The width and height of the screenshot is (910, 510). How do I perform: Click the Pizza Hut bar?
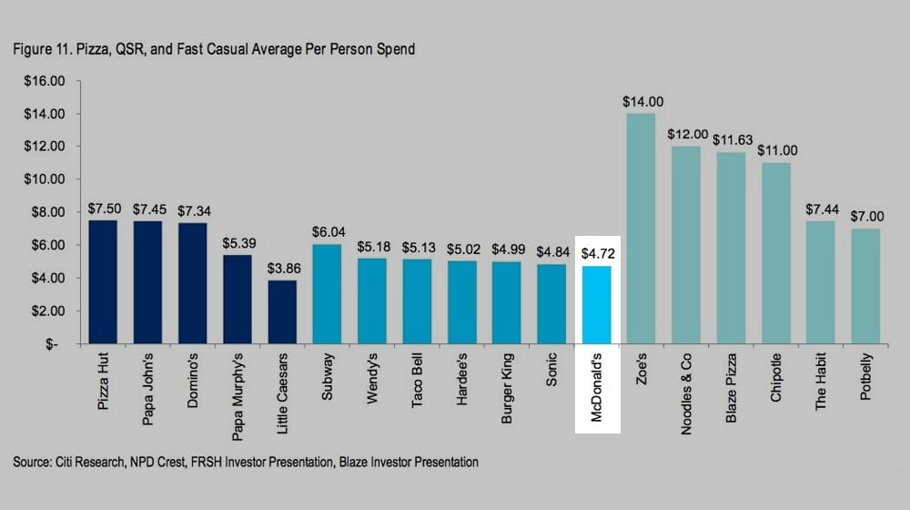coord(103,282)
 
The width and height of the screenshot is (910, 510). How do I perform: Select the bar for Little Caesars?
coord(282,312)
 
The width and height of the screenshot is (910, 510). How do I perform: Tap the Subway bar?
coord(327,294)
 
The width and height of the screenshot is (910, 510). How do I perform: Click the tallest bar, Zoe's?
coord(641,228)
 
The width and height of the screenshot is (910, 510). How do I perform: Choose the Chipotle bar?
coord(775,253)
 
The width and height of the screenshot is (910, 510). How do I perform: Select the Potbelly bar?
coord(865,286)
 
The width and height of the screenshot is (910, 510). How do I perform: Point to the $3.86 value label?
coord(283,269)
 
